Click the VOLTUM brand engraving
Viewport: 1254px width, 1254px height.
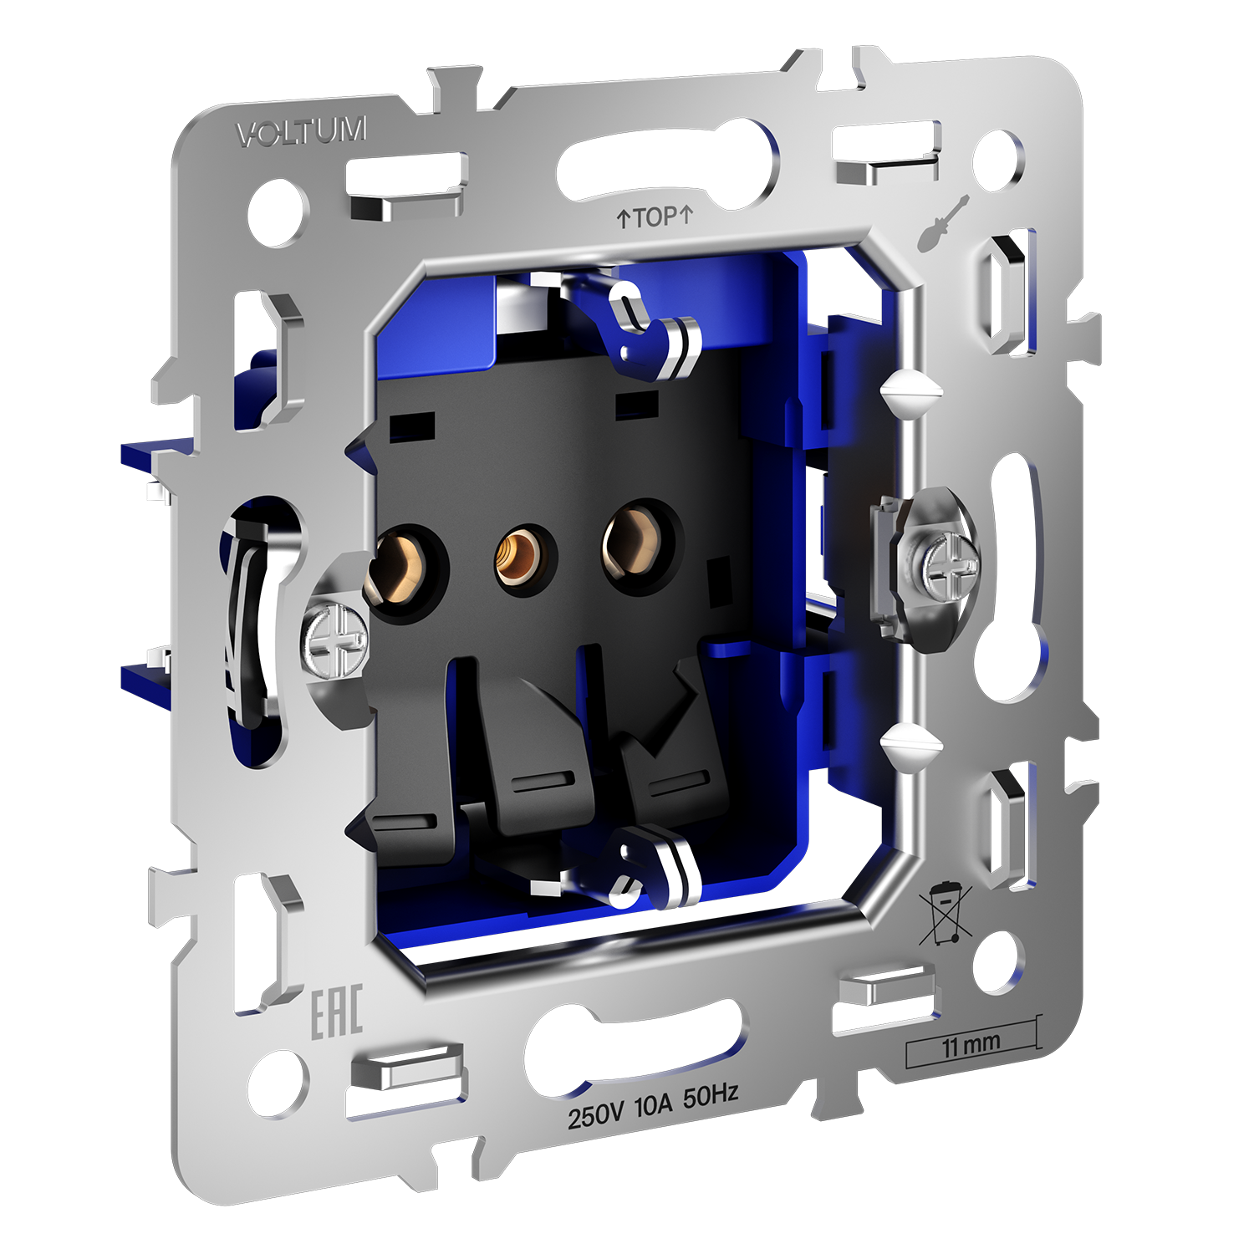(301, 132)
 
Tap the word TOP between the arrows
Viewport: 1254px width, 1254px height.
(655, 217)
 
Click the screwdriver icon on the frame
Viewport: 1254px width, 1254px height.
(942, 223)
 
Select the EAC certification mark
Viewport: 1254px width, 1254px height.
(337, 1012)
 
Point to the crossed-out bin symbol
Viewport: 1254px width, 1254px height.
(945, 915)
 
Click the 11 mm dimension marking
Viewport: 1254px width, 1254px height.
(971, 1045)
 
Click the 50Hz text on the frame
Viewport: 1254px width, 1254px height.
(711, 1096)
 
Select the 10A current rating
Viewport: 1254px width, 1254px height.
(653, 1106)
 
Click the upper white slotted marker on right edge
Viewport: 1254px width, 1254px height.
(911, 389)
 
